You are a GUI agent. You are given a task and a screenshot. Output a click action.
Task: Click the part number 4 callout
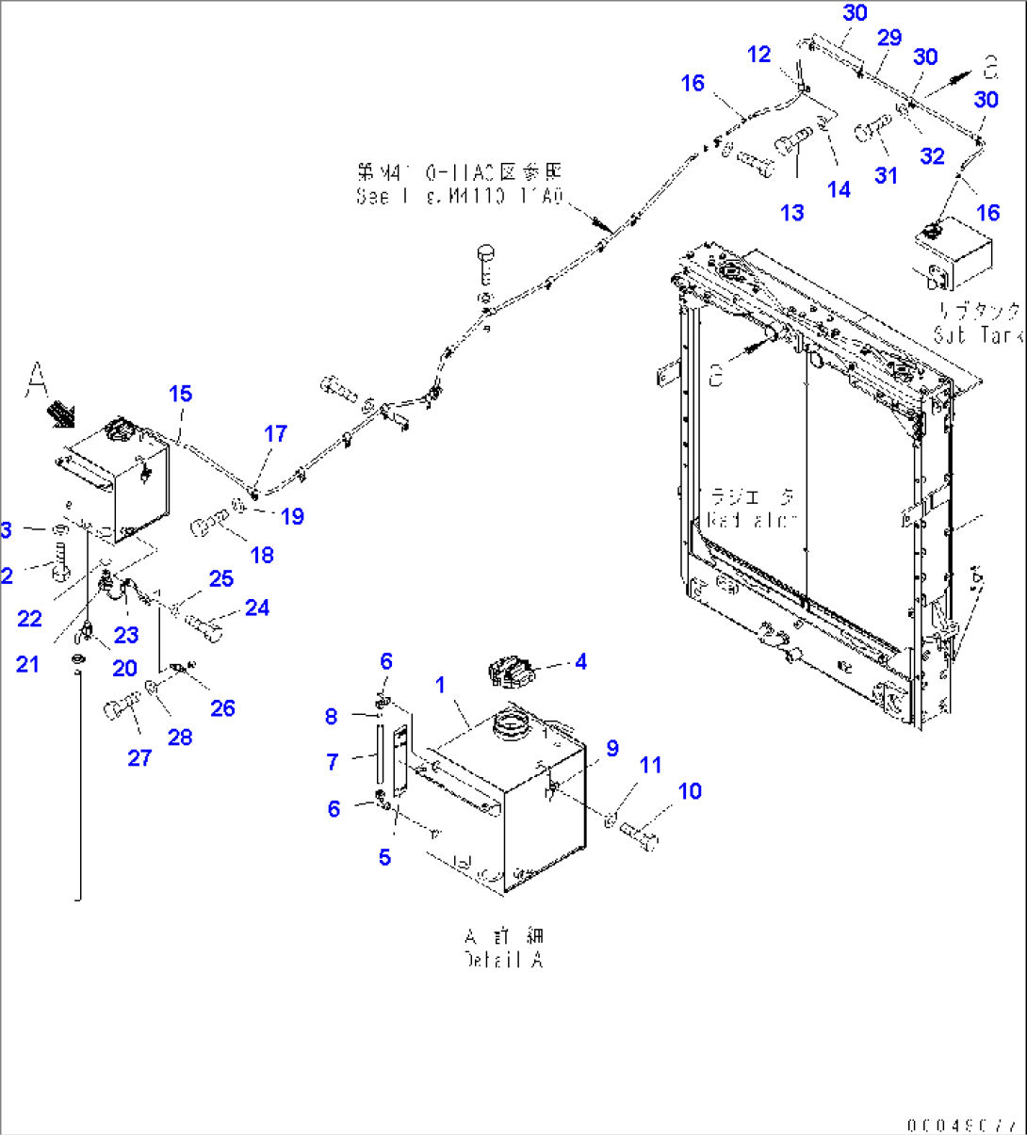(580, 662)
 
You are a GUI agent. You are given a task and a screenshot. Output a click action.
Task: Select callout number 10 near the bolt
(690, 791)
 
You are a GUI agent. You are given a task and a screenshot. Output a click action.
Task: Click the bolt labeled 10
(640, 834)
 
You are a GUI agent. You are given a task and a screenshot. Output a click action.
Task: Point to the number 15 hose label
(180, 394)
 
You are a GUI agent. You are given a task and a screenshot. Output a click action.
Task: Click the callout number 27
(139, 757)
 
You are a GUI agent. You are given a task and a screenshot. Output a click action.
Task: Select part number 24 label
(257, 608)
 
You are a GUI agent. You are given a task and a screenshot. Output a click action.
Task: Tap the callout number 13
(792, 213)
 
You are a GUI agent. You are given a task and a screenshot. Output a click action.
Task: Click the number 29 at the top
(888, 38)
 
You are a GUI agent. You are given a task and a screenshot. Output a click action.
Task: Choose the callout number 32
(932, 156)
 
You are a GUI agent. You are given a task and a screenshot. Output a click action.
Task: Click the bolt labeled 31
(872, 129)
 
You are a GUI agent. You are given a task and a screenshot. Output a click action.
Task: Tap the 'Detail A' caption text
(504, 949)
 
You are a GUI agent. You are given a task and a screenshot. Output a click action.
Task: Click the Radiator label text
(751, 509)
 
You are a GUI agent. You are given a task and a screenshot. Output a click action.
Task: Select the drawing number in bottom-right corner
(960, 1125)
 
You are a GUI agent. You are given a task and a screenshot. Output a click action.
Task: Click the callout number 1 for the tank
(440, 685)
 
